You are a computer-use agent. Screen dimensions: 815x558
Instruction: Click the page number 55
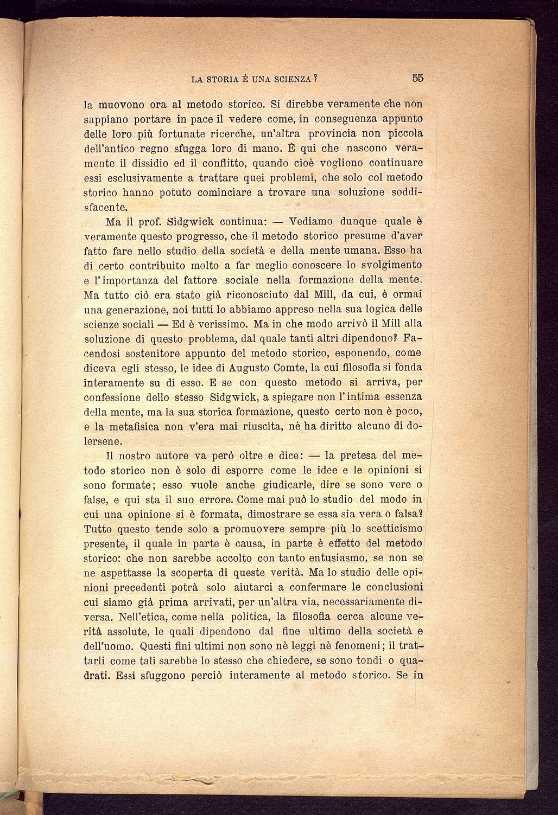(417, 78)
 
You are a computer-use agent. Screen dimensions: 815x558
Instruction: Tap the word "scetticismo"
(391, 529)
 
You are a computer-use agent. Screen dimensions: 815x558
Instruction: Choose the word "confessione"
(115, 397)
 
